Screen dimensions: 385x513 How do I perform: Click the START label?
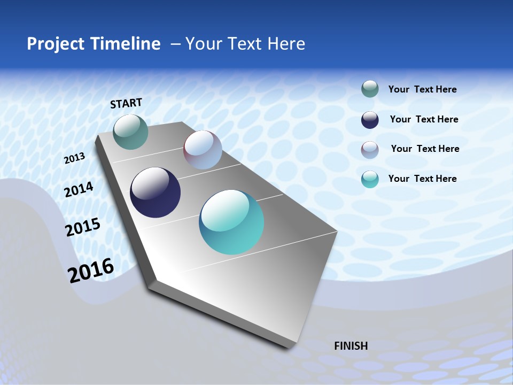coord(126,103)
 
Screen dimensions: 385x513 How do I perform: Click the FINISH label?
coord(351,346)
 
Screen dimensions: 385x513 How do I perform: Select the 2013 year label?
coord(75,158)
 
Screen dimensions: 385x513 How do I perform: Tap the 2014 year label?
coord(79,190)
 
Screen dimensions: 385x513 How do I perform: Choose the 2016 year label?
coord(91,270)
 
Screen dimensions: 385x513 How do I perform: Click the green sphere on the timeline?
coord(130,132)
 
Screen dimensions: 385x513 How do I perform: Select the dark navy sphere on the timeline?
coord(155,192)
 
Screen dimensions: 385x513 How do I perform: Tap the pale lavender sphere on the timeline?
coord(203,150)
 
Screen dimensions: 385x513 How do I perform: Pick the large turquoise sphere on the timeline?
coord(231,222)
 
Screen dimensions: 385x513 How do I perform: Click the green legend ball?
coord(370,89)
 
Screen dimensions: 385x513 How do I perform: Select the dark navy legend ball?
coord(370,120)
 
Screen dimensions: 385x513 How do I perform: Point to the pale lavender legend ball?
coord(370,150)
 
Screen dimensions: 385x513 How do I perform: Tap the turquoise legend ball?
coord(370,179)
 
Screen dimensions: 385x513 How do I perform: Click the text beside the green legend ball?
coord(422,90)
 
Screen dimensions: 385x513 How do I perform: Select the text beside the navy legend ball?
coord(424,119)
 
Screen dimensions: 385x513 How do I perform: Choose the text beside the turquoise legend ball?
coord(422,179)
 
